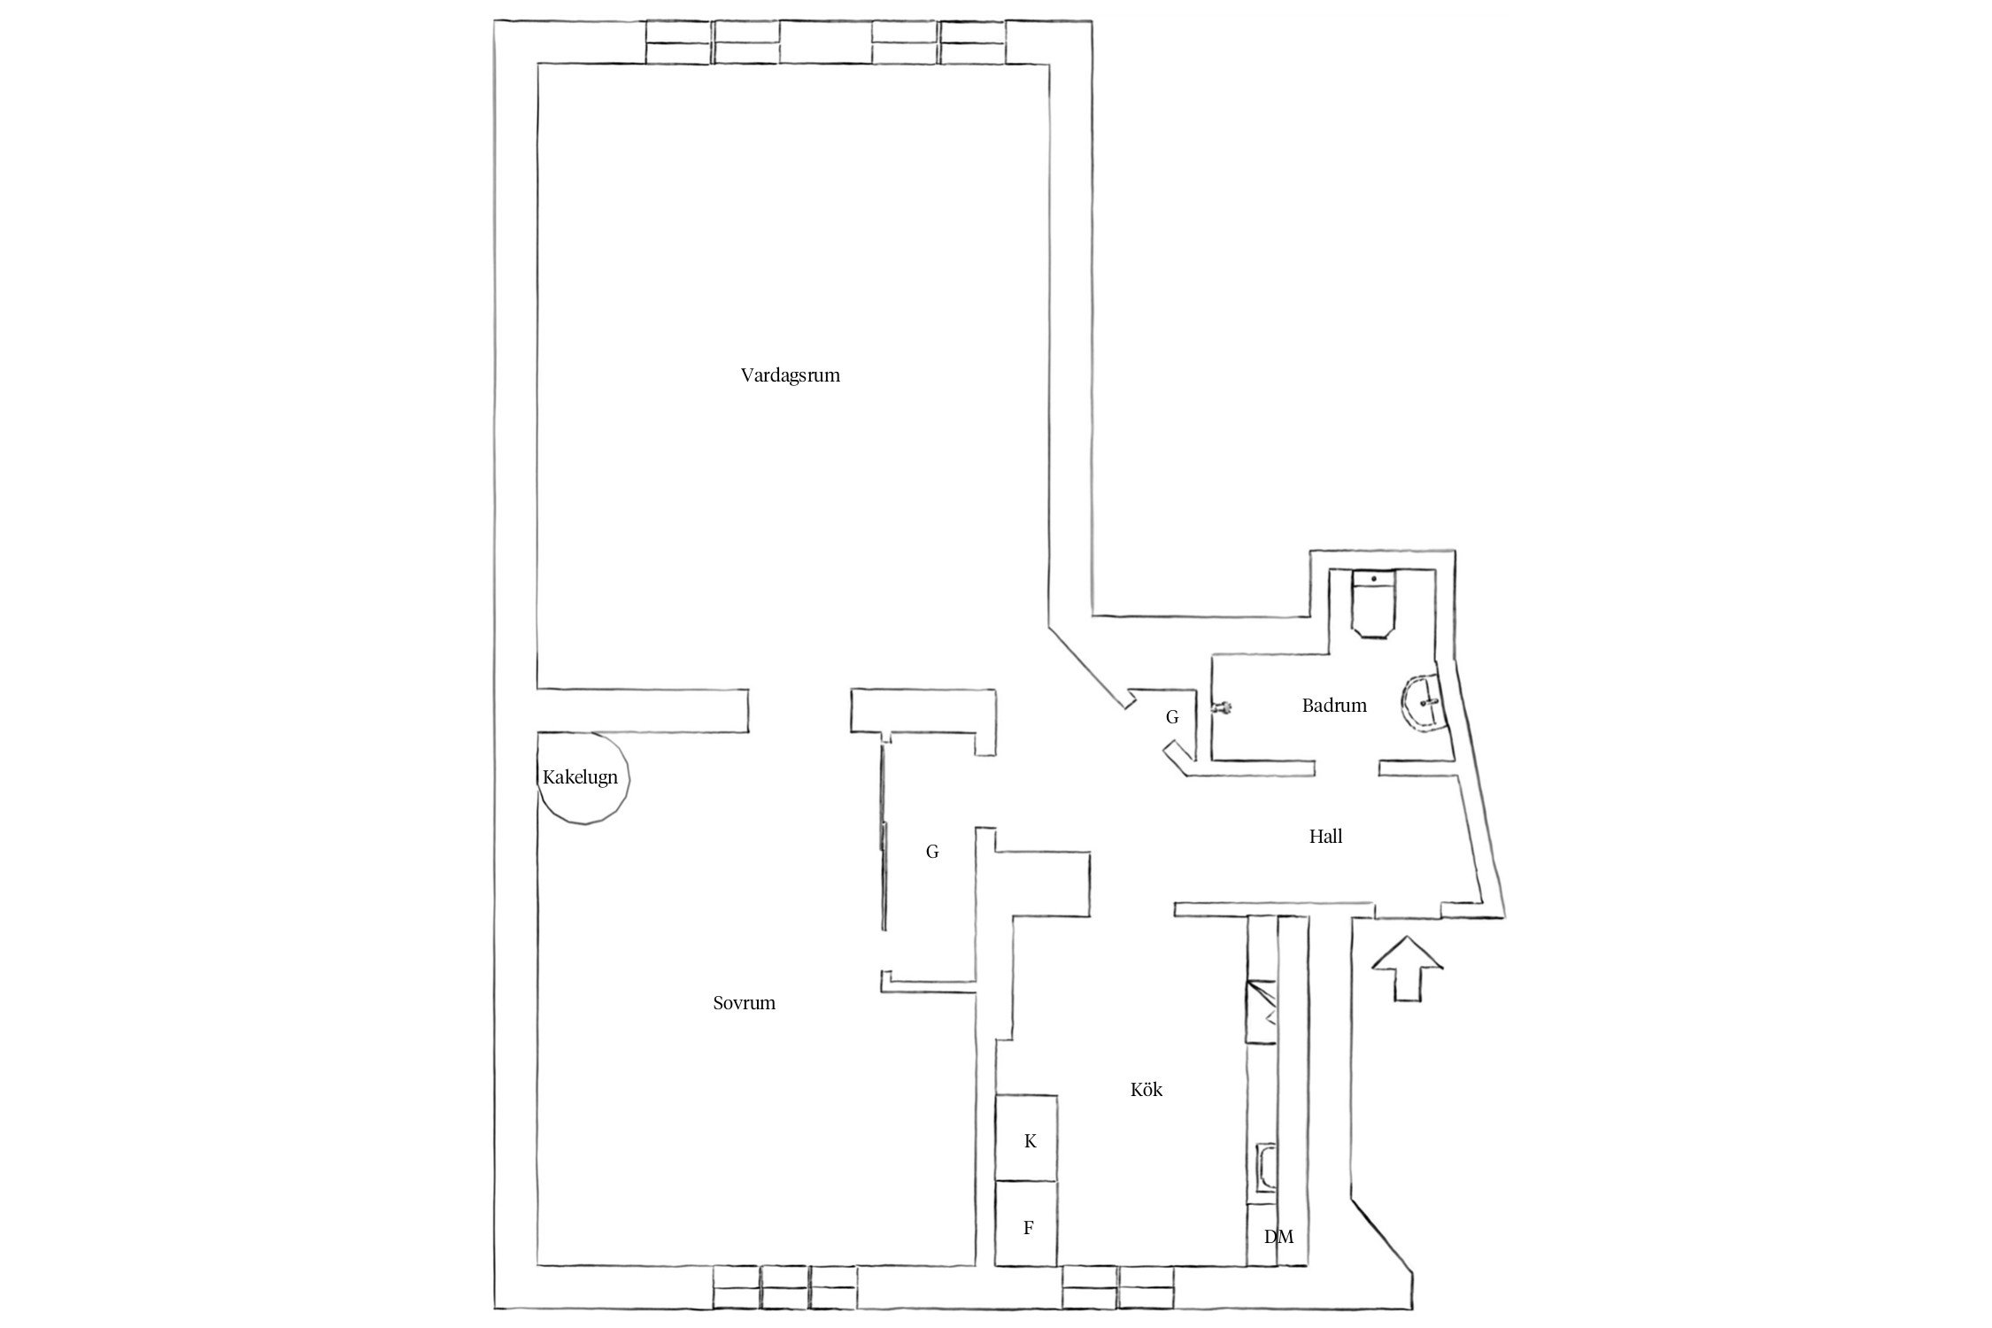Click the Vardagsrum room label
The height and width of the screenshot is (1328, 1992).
(x=790, y=375)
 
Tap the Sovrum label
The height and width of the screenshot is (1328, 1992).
(x=744, y=1003)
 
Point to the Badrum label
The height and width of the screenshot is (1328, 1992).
(x=1334, y=706)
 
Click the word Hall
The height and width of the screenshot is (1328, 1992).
(x=1325, y=836)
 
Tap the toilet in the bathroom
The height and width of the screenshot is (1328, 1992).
(x=1373, y=605)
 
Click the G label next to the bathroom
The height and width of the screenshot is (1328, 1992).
(x=1172, y=717)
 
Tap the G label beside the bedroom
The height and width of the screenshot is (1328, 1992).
(x=932, y=852)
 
